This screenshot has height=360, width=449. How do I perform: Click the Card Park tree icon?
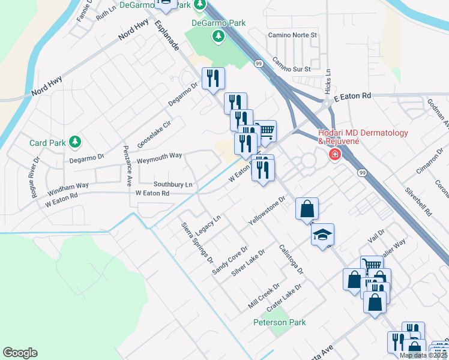[75, 143]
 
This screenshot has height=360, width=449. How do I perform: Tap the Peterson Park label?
[279, 322]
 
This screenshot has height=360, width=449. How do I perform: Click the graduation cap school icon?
[322, 235]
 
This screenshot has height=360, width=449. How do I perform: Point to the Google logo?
[20, 353]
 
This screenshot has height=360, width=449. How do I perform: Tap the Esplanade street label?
[167, 35]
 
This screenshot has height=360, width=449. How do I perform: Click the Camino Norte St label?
[292, 35]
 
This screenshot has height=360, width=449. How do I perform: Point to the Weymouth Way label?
[159, 155]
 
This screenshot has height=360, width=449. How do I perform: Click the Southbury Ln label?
[173, 184]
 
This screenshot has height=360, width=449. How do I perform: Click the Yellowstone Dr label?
[267, 211]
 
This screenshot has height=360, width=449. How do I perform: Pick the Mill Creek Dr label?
[264, 296]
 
